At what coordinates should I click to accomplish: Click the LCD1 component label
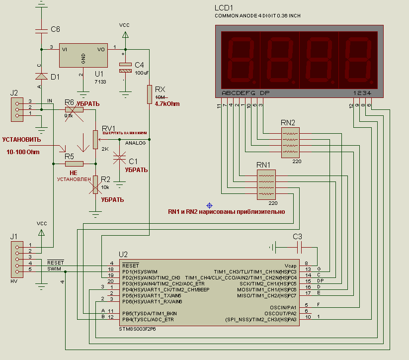224,8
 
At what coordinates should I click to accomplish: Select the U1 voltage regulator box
83,55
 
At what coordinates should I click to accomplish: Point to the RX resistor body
149,94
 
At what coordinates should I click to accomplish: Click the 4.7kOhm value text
167,104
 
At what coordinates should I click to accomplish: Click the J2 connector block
17,109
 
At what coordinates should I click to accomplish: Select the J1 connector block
17,259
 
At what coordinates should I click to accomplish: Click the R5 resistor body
74,163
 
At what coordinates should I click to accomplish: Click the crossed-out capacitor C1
120,159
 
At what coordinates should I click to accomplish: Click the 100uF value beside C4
142,73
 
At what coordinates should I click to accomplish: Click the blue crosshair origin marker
209,205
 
